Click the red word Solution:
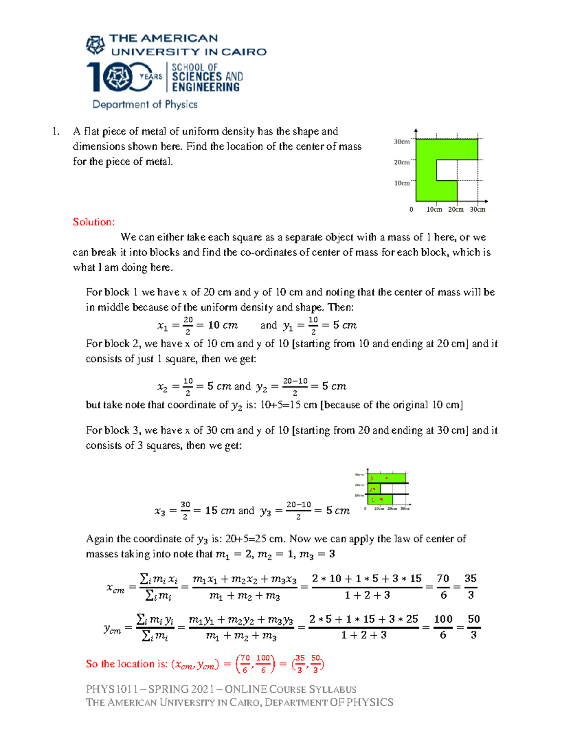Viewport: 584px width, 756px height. click(x=93, y=222)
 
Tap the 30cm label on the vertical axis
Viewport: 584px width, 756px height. click(x=401, y=142)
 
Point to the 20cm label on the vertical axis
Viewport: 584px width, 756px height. click(x=401, y=162)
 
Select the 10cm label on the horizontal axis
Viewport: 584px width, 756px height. click(x=434, y=209)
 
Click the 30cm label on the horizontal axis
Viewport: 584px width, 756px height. click(x=477, y=209)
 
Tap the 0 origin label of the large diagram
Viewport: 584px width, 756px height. click(x=411, y=209)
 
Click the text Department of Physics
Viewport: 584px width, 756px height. click(x=145, y=104)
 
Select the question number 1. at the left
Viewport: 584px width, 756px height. click(x=56, y=131)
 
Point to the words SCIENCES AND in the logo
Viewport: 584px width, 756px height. click(x=207, y=76)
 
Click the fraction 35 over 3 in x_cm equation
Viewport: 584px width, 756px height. click(x=470, y=587)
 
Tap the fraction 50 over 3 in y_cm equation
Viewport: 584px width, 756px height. click(x=474, y=627)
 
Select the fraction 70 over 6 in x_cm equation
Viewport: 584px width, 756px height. click(x=443, y=587)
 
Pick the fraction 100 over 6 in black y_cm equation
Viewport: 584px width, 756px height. click(x=443, y=627)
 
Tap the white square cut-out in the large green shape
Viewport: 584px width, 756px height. click(x=447, y=170)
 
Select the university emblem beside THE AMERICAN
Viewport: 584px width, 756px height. click(x=95, y=45)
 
